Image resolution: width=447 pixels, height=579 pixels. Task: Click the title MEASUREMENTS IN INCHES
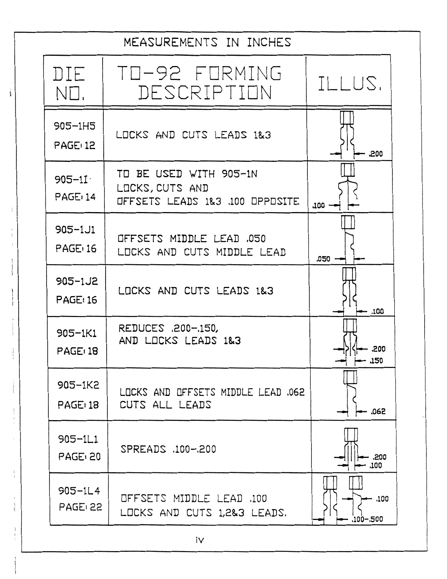(x=207, y=43)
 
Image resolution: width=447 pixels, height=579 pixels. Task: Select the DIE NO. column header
(x=70, y=84)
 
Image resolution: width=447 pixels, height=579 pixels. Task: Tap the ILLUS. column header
(x=349, y=84)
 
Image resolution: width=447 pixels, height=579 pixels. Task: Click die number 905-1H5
(x=75, y=126)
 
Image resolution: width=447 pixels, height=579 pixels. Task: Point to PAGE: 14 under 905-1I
(x=75, y=197)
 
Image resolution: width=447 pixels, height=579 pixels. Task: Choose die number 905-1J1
(x=75, y=230)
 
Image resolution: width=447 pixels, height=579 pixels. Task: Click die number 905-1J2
(x=77, y=281)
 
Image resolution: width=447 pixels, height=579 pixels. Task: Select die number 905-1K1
(x=77, y=333)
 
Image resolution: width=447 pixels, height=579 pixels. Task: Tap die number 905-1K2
(x=78, y=385)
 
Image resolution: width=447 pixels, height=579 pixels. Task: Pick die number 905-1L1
(x=78, y=439)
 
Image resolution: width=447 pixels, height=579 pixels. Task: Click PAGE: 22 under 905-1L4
(x=80, y=507)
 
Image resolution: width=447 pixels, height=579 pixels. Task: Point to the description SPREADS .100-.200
(x=168, y=449)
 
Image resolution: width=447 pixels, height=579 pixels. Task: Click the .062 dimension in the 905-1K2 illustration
(x=378, y=412)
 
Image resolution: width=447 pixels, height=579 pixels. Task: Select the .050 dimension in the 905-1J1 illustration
(x=323, y=259)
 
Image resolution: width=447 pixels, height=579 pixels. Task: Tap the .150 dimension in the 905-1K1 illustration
(x=376, y=361)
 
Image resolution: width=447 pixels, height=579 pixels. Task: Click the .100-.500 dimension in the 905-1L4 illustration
(x=367, y=519)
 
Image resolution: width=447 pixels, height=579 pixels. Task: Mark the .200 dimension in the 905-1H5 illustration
(x=376, y=154)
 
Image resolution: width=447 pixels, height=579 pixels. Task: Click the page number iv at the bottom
(x=200, y=540)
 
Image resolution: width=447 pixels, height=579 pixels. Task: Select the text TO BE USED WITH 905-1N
(x=187, y=174)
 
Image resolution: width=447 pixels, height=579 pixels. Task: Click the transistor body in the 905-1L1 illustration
(x=351, y=435)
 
